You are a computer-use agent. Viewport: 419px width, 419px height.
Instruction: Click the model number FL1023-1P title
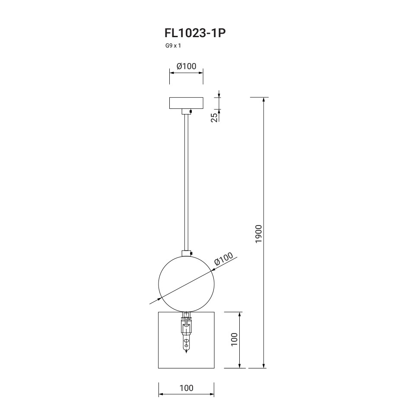195,33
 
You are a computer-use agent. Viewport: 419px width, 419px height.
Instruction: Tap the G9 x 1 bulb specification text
173,46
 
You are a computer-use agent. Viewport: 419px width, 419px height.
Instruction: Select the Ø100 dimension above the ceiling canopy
186,66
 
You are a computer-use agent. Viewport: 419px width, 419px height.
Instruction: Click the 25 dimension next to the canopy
214,117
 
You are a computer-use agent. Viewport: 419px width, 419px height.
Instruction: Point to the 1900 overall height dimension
259,234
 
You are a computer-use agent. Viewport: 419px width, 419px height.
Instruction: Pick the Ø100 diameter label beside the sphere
224,259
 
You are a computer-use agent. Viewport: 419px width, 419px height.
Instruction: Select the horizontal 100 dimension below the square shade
186,388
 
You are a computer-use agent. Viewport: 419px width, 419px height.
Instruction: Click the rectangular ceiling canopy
186,103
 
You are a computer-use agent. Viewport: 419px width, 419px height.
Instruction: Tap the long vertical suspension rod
186,182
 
